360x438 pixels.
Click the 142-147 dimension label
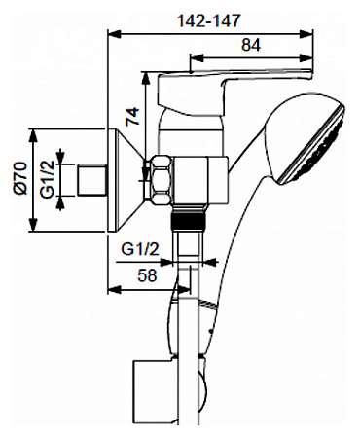(209, 20)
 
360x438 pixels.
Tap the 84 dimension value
(251, 45)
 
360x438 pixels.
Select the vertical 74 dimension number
(132, 116)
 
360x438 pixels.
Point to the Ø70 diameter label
(20, 178)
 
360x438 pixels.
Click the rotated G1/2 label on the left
(48, 179)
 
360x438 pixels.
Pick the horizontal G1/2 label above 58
(140, 249)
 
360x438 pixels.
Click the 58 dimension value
(147, 275)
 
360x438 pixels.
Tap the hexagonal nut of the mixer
(161, 180)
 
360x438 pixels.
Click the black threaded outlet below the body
(188, 219)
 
